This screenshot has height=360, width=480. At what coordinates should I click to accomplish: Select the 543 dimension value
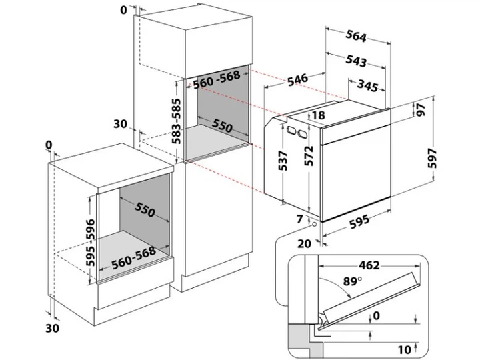pos(357,61)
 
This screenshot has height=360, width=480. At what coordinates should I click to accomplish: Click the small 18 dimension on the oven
pos(317,115)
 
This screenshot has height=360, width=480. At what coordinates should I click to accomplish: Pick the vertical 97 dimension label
pos(421,111)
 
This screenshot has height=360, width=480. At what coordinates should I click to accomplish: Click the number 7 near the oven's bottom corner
pos(299,218)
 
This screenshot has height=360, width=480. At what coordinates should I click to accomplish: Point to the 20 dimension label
pos(305,243)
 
